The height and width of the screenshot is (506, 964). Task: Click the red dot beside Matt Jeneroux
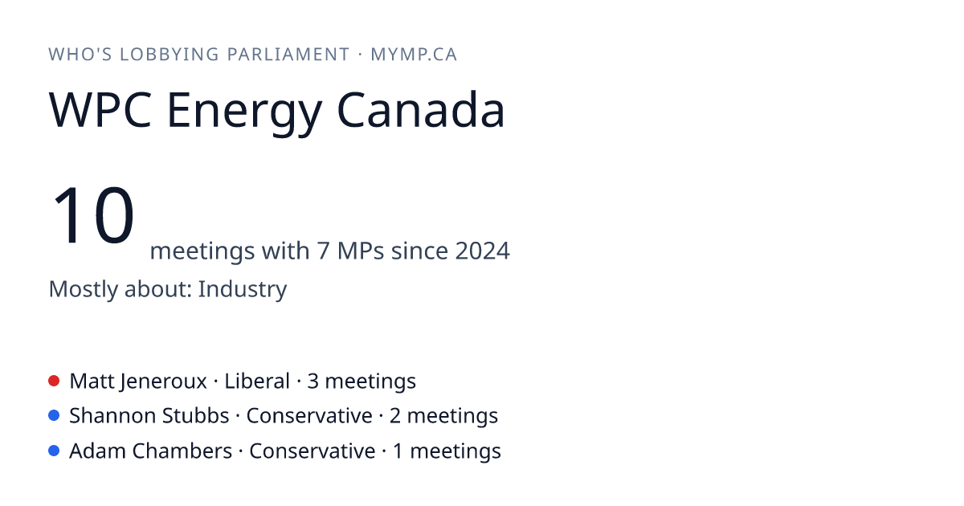(x=54, y=381)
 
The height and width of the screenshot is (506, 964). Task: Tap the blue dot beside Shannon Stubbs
(x=54, y=415)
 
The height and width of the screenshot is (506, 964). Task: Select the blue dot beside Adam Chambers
(x=54, y=451)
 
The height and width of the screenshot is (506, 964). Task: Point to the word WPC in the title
(x=100, y=109)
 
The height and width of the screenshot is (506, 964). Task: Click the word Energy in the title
(x=244, y=113)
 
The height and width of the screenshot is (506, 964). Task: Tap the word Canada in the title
(x=420, y=109)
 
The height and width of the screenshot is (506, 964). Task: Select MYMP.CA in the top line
(x=414, y=55)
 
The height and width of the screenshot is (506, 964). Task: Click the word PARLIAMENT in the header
(x=288, y=55)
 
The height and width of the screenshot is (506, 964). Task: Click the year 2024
(x=483, y=251)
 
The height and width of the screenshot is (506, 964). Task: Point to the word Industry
(x=243, y=289)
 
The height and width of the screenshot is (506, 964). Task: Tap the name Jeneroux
(x=164, y=382)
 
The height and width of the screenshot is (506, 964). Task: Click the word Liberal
(x=257, y=381)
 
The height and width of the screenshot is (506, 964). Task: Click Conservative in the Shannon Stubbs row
(x=309, y=416)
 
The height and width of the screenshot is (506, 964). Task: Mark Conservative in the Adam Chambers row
(x=312, y=451)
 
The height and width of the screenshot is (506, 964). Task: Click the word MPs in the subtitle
(x=361, y=251)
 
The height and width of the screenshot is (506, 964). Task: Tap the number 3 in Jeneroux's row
(x=312, y=382)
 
